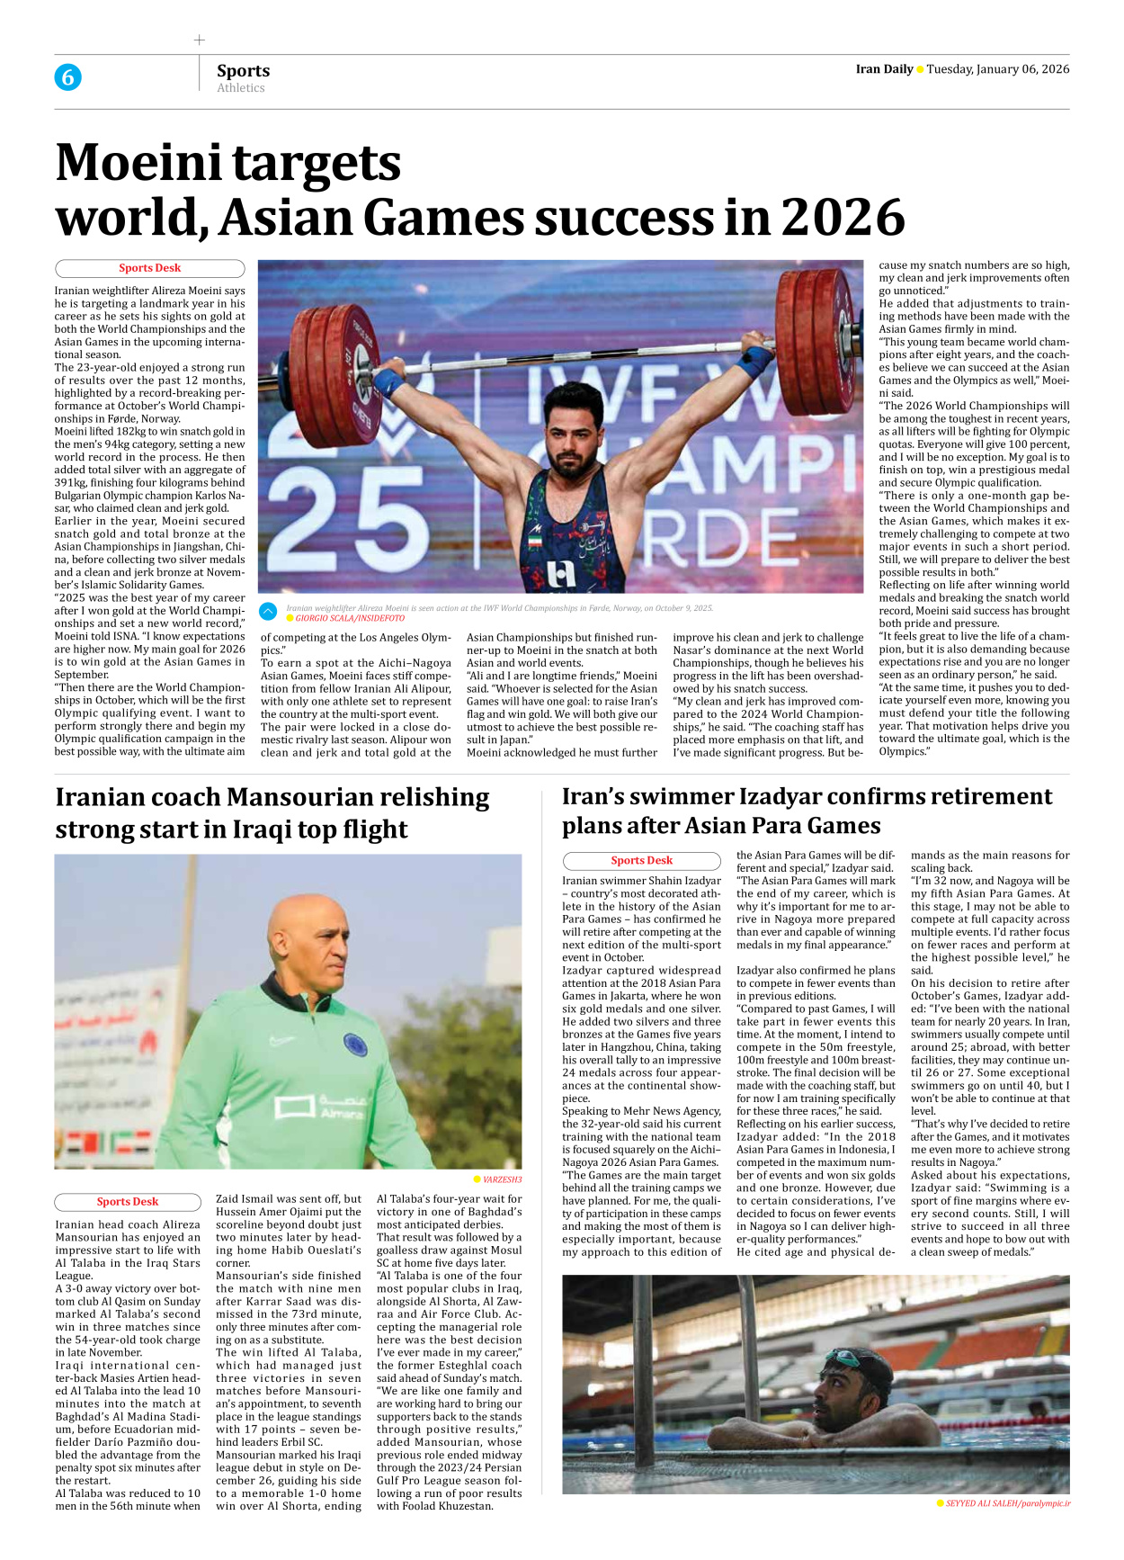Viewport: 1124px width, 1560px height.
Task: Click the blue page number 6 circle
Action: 67,77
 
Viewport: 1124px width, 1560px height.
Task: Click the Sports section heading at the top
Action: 243,70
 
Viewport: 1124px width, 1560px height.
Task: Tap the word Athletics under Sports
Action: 240,88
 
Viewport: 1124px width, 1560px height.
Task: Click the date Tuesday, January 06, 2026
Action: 997,69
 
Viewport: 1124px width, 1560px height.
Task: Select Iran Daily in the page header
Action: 883,69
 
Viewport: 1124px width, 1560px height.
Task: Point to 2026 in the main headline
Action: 842,218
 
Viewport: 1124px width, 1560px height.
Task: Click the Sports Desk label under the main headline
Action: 149,268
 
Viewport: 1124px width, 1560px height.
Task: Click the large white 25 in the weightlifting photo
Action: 346,531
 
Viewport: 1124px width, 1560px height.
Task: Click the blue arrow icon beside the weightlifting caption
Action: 268,612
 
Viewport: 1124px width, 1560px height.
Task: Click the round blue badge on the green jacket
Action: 355,1045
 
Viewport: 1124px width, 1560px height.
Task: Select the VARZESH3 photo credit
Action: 502,1179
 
